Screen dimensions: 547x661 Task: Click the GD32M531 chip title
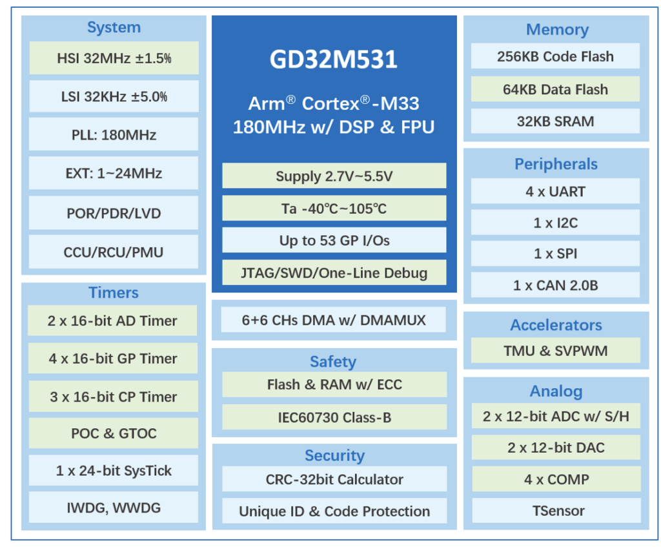[x=333, y=59]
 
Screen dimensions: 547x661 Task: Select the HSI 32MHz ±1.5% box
[x=114, y=58]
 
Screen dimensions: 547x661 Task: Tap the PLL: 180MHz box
[x=114, y=135]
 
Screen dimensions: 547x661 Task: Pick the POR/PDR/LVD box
[x=114, y=213]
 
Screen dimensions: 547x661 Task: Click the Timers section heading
[x=114, y=293]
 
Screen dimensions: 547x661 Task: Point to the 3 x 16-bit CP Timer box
[x=113, y=397]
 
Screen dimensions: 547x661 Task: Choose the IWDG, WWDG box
[x=113, y=508]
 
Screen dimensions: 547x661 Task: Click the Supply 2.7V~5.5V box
[x=334, y=176]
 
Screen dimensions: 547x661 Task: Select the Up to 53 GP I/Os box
[x=334, y=240]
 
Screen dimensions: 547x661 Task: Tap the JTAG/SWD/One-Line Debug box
[x=334, y=273]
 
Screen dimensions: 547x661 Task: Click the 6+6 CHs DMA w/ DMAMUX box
[x=334, y=320]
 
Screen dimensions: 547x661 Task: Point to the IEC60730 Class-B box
[x=334, y=417]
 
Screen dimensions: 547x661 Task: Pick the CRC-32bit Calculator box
[x=334, y=479]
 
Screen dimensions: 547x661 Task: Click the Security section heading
[x=334, y=455]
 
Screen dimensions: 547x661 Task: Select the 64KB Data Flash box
[x=555, y=89]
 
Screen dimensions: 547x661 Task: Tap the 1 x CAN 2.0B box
[x=555, y=285]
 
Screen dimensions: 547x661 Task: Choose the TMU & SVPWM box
[x=555, y=351]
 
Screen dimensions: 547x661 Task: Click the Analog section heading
[x=555, y=391]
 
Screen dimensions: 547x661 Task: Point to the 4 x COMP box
[x=555, y=479]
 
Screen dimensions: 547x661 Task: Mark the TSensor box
[x=555, y=510]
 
